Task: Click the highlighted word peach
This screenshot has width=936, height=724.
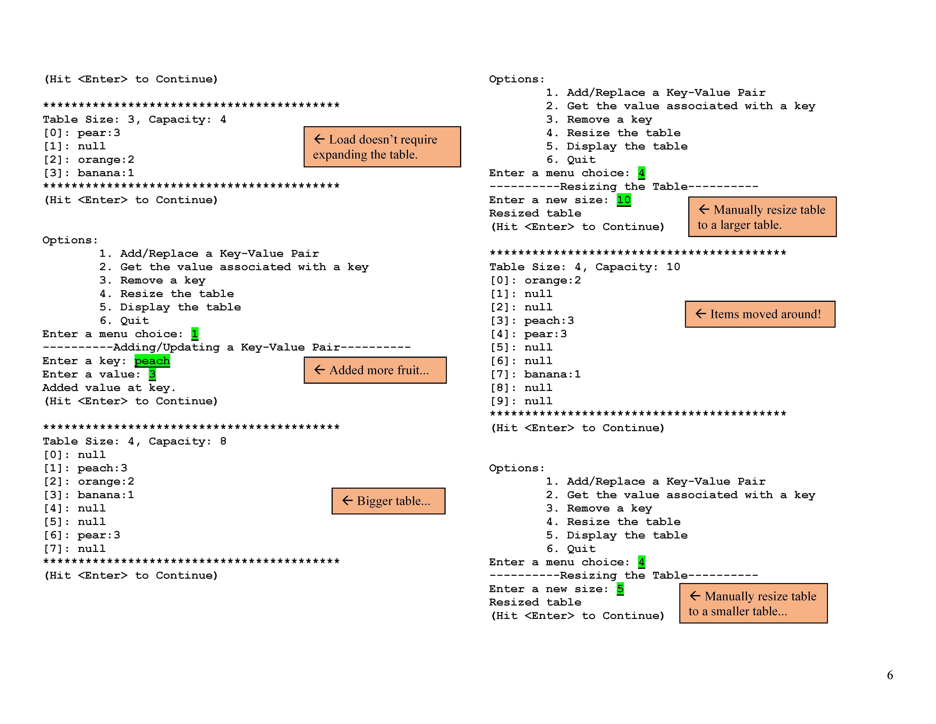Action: coord(152,361)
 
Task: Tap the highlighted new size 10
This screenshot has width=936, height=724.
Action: coord(624,200)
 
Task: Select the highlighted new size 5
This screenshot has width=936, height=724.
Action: coord(620,589)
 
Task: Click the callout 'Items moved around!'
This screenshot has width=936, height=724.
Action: coord(760,314)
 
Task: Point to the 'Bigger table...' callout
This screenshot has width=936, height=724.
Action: coord(388,501)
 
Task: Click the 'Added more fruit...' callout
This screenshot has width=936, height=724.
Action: coord(375,370)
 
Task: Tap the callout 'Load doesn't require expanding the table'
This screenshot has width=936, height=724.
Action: coord(382,147)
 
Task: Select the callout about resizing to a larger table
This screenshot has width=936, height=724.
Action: coord(762,217)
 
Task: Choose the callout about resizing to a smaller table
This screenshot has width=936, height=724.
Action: coord(753,603)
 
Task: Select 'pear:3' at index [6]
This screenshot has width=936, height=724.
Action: coord(99,535)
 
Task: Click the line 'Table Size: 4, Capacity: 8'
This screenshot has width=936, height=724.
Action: coord(135,441)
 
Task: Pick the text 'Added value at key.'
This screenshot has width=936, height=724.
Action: coord(109,388)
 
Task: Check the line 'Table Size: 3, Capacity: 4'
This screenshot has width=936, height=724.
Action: coord(135,120)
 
